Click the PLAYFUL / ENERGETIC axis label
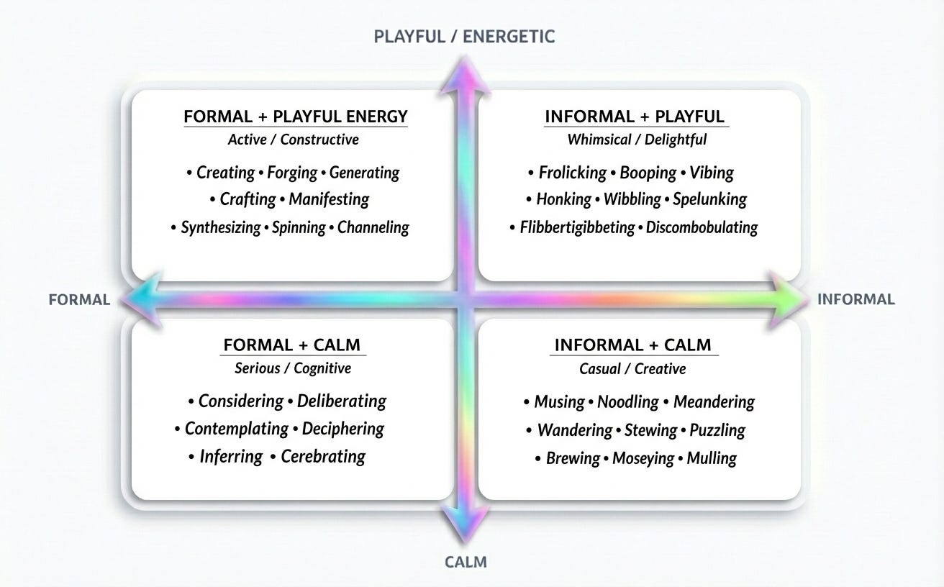pyautogui.click(x=464, y=37)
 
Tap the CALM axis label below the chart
pyautogui.click(x=466, y=562)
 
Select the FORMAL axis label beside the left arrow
pyautogui.click(x=79, y=299)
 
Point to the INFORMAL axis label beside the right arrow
pyautogui.click(x=856, y=299)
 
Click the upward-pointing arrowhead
pyautogui.click(x=466, y=75)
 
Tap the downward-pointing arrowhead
pyautogui.click(x=466, y=524)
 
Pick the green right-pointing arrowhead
pyautogui.click(x=787, y=299)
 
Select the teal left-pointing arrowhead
pyautogui.click(x=142, y=299)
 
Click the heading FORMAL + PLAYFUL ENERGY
pyautogui.click(x=296, y=117)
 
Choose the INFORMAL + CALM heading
pyautogui.click(x=633, y=345)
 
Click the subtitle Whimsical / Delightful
pyautogui.click(x=637, y=140)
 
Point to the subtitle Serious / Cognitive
pyautogui.click(x=293, y=368)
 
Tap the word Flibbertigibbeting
pyautogui.click(x=577, y=227)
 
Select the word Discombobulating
pyautogui.click(x=702, y=227)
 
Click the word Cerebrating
pyautogui.click(x=323, y=456)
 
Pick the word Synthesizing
pyautogui.click(x=221, y=227)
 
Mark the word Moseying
pyautogui.click(x=643, y=458)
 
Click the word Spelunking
pyautogui.click(x=709, y=199)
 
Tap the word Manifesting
pyautogui.click(x=329, y=199)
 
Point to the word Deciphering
pyautogui.click(x=342, y=429)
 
